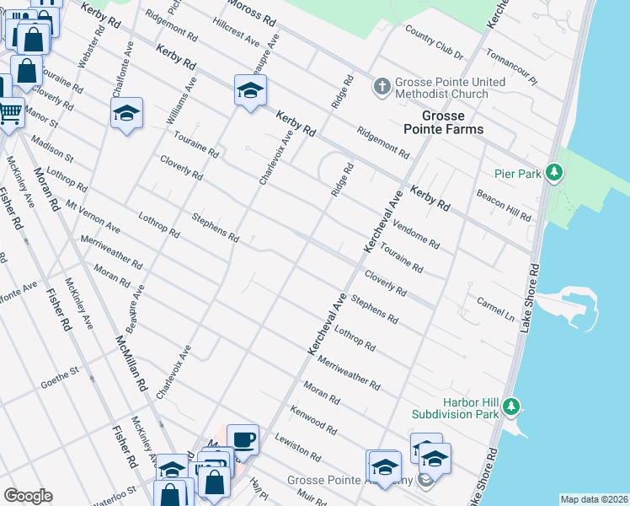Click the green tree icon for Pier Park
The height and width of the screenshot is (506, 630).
coord(553,174)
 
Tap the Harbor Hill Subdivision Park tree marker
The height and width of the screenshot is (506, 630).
coord(510,409)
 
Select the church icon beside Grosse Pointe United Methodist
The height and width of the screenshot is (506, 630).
coord(382,87)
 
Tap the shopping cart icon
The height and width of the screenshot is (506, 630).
coord(10,111)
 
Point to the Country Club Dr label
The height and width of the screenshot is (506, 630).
coord(434,42)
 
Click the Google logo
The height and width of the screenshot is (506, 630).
coord(28,496)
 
